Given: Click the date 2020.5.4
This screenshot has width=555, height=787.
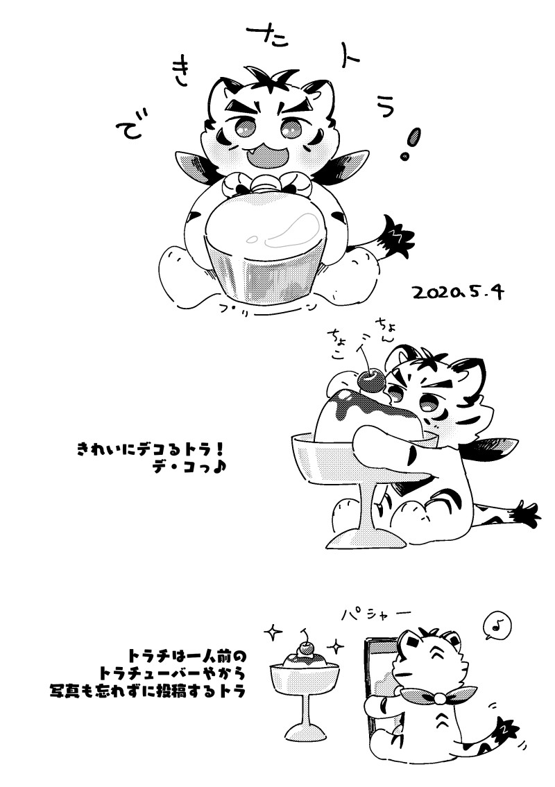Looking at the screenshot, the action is pyautogui.click(x=457, y=292).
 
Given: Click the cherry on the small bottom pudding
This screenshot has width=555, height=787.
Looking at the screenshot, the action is pyautogui.click(x=304, y=650).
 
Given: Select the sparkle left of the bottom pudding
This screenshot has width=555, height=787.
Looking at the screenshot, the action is pyautogui.click(x=273, y=632).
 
